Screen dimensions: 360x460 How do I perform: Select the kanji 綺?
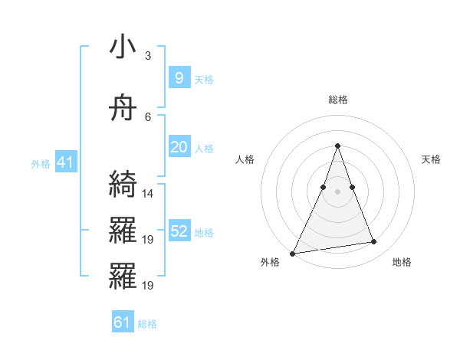(x=123, y=185)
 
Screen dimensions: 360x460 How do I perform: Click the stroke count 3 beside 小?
(x=148, y=56)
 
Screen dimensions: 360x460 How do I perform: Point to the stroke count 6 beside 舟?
(x=148, y=117)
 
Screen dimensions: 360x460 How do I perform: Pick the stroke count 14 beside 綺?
(x=148, y=194)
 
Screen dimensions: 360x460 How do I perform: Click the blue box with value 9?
(x=179, y=77)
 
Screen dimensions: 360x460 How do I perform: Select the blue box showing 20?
(x=179, y=147)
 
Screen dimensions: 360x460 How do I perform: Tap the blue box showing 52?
(x=179, y=231)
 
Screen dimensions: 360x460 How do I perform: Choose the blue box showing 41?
(x=65, y=162)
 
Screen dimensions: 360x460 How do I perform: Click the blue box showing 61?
(x=122, y=322)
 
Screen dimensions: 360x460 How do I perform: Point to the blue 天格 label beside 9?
(x=204, y=79)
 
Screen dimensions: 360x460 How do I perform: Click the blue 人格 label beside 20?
(x=204, y=149)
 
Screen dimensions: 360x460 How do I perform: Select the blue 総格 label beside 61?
(x=147, y=324)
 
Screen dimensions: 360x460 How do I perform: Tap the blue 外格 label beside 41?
(x=41, y=164)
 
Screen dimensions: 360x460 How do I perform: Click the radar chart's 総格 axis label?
(x=337, y=100)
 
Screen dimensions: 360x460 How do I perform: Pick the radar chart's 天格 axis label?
(x=432, y=159)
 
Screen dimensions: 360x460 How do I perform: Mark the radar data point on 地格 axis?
(x=374, y=242)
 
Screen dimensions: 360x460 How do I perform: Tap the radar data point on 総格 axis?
(x=337, y=146)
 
